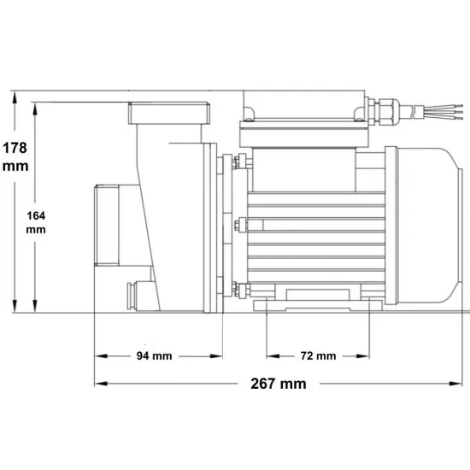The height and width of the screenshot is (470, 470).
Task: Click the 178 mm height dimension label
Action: [x=15, y=156]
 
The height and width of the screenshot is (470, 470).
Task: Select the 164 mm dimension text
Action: [x=36, y=222]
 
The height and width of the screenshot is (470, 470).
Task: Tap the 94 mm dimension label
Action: [x=154, y=355]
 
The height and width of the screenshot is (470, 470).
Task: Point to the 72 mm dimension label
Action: [x=318, y=355]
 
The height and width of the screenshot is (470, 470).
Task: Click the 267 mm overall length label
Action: [x=279, y=384]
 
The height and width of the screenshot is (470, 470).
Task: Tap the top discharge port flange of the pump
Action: [x=169, y=113]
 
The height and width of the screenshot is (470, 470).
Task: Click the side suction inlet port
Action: [x=107, y=226]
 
